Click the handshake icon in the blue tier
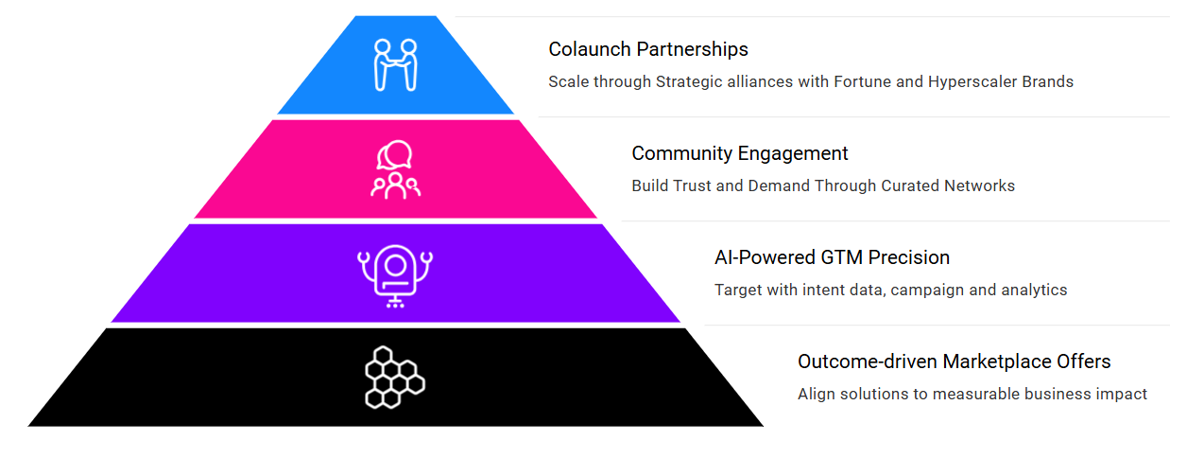pos(395,64)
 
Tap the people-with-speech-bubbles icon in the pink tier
pos(395,169)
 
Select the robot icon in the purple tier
pos(395,276)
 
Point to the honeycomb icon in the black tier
pos(395,378)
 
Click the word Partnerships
pos(692,49)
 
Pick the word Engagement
pos(793,154)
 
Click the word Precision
pos(909,258)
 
